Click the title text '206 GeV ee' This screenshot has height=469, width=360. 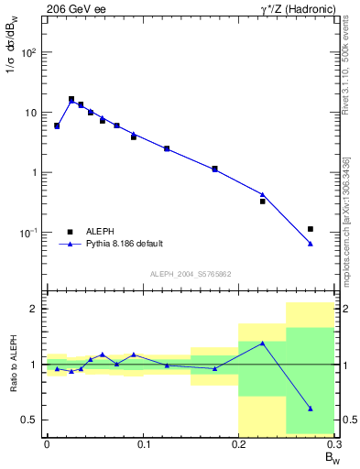(72, 8)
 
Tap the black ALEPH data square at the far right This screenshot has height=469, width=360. (311, 229)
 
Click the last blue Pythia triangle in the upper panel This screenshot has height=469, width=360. (311, 244)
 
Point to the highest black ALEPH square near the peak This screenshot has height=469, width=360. (71, 99)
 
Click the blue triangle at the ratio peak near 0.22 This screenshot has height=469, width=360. (262, 344)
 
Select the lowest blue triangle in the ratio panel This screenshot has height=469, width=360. (311, 409)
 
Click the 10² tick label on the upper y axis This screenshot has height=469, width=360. (28, 52)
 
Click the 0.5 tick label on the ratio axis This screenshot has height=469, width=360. (29, 420)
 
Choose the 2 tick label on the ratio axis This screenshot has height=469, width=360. (35, 309)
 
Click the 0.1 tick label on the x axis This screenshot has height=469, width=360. (143, 444)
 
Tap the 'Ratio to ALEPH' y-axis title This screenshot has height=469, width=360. (11, 364)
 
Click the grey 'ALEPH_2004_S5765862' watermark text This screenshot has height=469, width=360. (190, 274)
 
